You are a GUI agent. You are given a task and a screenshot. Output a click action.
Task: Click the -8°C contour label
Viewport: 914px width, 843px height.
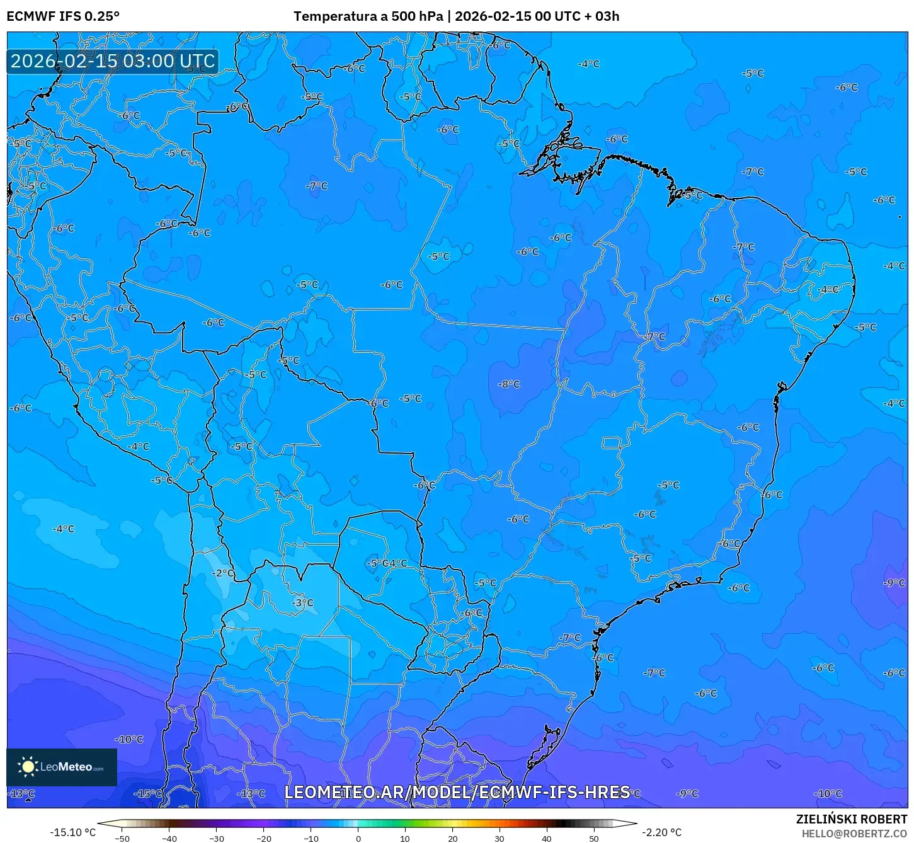click(509, 384)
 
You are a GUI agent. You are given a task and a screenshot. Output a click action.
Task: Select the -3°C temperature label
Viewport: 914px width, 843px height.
click(302, 603)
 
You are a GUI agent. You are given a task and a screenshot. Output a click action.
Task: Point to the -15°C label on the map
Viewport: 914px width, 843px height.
click(149, 794)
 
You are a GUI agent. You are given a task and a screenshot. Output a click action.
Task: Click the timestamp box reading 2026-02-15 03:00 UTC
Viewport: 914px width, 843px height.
click(113, 61)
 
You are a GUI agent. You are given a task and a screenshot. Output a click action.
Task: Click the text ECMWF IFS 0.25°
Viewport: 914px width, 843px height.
click(63, 16)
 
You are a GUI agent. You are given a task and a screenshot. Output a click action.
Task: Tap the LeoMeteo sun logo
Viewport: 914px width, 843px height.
click(28, 767)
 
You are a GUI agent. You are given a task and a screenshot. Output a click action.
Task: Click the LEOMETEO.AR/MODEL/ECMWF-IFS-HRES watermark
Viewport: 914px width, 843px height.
click(457, 792)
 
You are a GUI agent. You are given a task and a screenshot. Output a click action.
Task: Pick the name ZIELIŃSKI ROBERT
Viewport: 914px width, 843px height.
click(852, 820)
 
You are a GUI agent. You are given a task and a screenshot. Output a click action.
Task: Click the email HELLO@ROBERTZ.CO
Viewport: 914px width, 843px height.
click(854, 834)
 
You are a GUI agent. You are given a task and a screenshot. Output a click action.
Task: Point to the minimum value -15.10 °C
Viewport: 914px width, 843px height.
click(72, 832)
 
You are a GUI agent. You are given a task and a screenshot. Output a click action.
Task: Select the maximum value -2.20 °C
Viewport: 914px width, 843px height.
click(661, 832)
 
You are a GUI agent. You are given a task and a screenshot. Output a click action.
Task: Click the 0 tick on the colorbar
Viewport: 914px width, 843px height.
click(358, 839)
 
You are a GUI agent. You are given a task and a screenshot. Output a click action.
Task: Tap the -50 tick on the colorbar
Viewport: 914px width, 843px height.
click(122, 839)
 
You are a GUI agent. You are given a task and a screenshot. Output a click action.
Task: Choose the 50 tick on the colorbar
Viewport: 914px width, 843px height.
click(594, 839)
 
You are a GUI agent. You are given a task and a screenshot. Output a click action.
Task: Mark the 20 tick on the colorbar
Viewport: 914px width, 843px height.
click(452, 839)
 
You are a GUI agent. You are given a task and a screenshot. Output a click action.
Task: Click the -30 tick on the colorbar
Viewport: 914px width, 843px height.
click(217, 839)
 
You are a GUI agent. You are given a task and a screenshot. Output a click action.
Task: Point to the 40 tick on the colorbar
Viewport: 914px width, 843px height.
click(547, 839)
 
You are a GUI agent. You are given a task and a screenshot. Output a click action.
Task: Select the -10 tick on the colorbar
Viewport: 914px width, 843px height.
click(311, 839)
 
